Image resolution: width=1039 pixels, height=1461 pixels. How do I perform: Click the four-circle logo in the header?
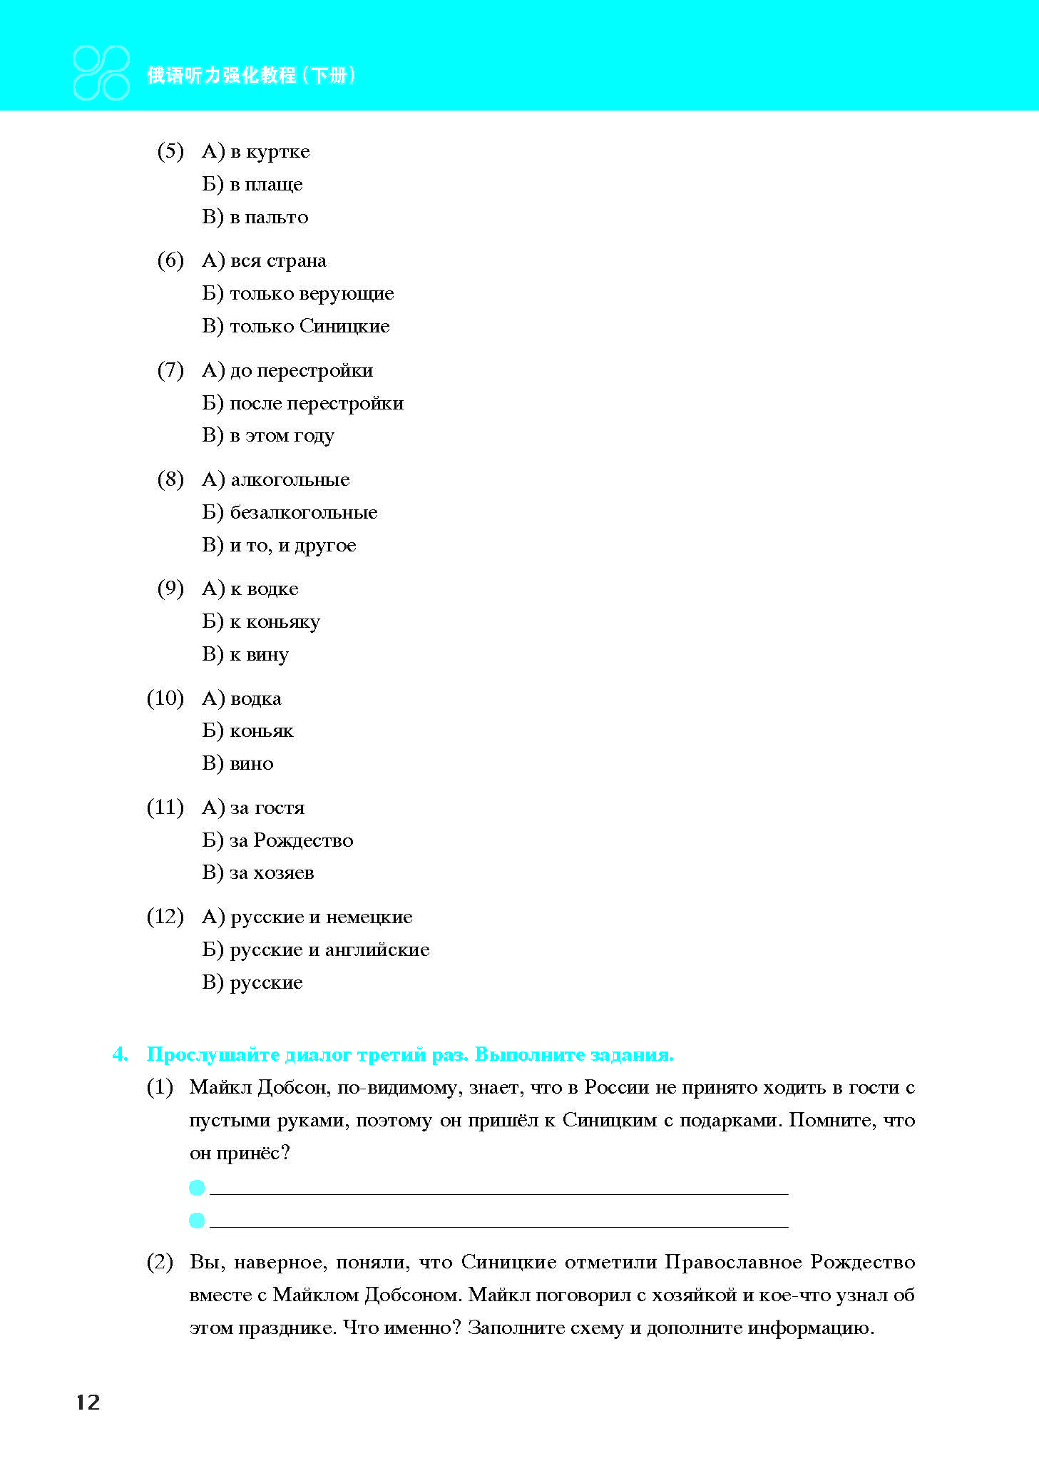click(x=101, y=73)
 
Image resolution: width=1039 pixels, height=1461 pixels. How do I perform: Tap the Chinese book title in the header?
click(x=250, y=75)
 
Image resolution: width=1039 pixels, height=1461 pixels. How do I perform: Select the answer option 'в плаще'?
click(x=266, y=185)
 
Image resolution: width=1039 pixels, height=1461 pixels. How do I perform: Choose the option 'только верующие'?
click(x=312, y=294)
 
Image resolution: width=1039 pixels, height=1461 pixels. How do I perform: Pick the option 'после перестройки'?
click(x=317, y=404)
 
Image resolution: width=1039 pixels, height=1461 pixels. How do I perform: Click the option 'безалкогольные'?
click(x=303, y=513)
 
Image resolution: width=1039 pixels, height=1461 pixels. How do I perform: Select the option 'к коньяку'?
click(x=275, y=622)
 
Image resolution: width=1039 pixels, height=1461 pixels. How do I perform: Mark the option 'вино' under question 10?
click(x=252, y=764)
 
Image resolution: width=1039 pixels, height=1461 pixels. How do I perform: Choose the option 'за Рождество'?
click(x=291, y=840)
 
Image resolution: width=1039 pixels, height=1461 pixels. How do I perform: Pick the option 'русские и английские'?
click(x=329, y=950)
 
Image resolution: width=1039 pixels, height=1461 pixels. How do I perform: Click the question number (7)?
click(x=170, y=370)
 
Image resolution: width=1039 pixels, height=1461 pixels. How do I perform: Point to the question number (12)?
click(x=165, y=917)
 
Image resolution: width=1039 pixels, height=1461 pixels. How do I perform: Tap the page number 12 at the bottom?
click(x=88, y=1403)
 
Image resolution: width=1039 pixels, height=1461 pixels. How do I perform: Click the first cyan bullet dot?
click(x=198, y=1188)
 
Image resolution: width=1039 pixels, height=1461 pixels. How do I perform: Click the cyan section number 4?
click(x=121, y=1054)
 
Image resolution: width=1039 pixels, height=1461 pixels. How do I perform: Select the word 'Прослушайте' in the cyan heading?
click(x=212, y=1054)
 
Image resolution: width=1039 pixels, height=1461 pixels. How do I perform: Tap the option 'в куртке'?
click(x=270, y=152)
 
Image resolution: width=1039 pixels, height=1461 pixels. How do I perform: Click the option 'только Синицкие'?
click(x=309, y=327)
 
